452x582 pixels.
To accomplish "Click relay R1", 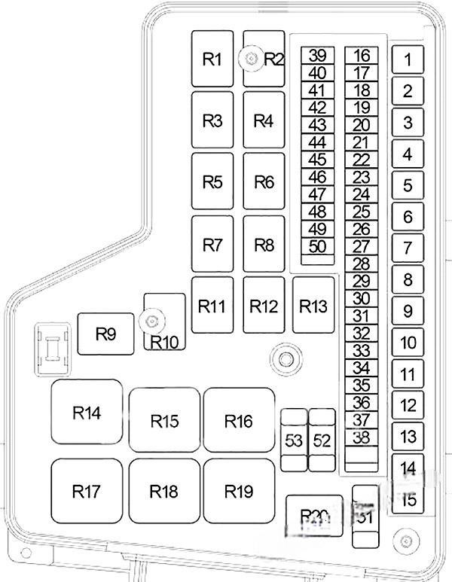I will click(x=213, y=59).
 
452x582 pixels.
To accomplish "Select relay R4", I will click(x=263, y=120).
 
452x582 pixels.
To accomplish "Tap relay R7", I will click(x=213, y=244).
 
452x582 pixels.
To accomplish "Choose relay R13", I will click(x=313, y=306).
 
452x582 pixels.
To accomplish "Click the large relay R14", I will click(x=87, y=413).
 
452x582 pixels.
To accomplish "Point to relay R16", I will click(x=239, y=421).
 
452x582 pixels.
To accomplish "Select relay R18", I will click(x=163, y=491).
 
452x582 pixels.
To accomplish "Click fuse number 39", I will click(x=318, y=56).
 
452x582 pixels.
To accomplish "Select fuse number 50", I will click(x=318, y=247).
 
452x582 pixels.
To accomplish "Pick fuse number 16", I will click(x=362, y=56).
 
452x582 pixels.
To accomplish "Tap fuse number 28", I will click(x=362, y=264).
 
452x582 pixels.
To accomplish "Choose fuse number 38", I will click(x=362, y=437).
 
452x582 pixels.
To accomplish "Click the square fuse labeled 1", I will click(x=408, y=60).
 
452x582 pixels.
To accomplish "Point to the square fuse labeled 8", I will click(x=408, y=279).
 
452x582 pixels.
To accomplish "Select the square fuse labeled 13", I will click(x=408, y=436).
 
